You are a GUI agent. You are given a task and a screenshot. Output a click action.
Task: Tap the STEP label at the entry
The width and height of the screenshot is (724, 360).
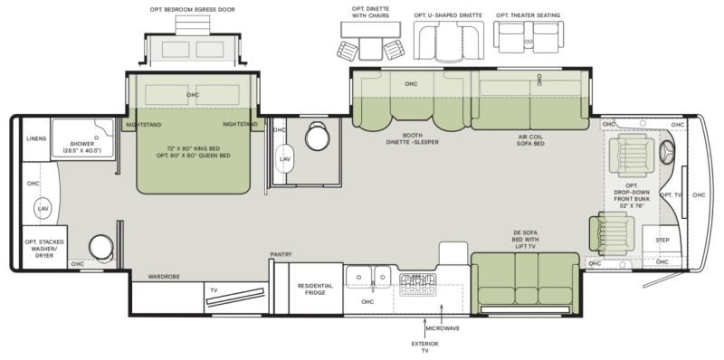662,241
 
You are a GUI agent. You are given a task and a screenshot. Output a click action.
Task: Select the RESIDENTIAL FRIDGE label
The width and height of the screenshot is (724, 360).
315,289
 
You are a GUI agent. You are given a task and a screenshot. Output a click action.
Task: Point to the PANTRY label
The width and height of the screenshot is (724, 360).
281,255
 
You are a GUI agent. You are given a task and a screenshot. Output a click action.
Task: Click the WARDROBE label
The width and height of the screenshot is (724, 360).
164,277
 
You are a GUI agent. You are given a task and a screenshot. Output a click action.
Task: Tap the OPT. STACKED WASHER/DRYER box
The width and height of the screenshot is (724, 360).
44,248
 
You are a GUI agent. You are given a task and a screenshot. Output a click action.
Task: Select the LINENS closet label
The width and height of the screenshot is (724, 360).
36,139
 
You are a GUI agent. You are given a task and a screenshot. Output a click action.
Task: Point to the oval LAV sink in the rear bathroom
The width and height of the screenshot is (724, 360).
43,209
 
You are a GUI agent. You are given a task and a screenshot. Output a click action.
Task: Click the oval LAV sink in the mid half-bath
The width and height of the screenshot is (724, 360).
285,159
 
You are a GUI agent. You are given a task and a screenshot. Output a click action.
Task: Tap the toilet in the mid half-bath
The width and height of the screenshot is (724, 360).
318,137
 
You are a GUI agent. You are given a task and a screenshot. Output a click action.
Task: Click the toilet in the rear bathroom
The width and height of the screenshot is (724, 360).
101,247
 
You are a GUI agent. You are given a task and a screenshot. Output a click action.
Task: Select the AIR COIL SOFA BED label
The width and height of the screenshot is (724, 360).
530,140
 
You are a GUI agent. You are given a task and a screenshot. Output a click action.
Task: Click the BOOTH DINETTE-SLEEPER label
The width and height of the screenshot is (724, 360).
413,138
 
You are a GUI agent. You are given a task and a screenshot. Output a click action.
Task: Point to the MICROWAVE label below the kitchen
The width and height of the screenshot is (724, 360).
443,328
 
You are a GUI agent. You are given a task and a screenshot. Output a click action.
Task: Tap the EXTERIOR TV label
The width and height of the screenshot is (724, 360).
424,347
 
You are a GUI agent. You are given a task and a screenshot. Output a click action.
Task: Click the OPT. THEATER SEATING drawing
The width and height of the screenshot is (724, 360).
529,37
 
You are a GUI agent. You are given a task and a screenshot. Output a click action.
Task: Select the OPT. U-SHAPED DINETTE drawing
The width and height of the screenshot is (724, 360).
448,41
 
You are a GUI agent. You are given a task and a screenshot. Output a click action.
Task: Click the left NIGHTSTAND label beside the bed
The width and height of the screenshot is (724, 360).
144,125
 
